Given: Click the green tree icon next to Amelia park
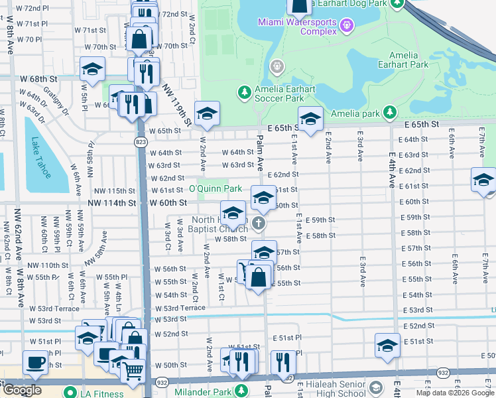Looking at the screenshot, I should pos(391,113).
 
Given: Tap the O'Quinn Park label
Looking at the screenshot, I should pos(216,189).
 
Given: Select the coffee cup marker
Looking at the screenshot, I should pos(35,362).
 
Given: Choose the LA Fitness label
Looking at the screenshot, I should pos(107,395).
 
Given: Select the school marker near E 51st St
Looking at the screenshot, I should pos(387,345).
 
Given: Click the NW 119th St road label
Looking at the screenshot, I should pos(183,110).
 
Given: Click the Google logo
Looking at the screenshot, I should pos(21,390).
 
